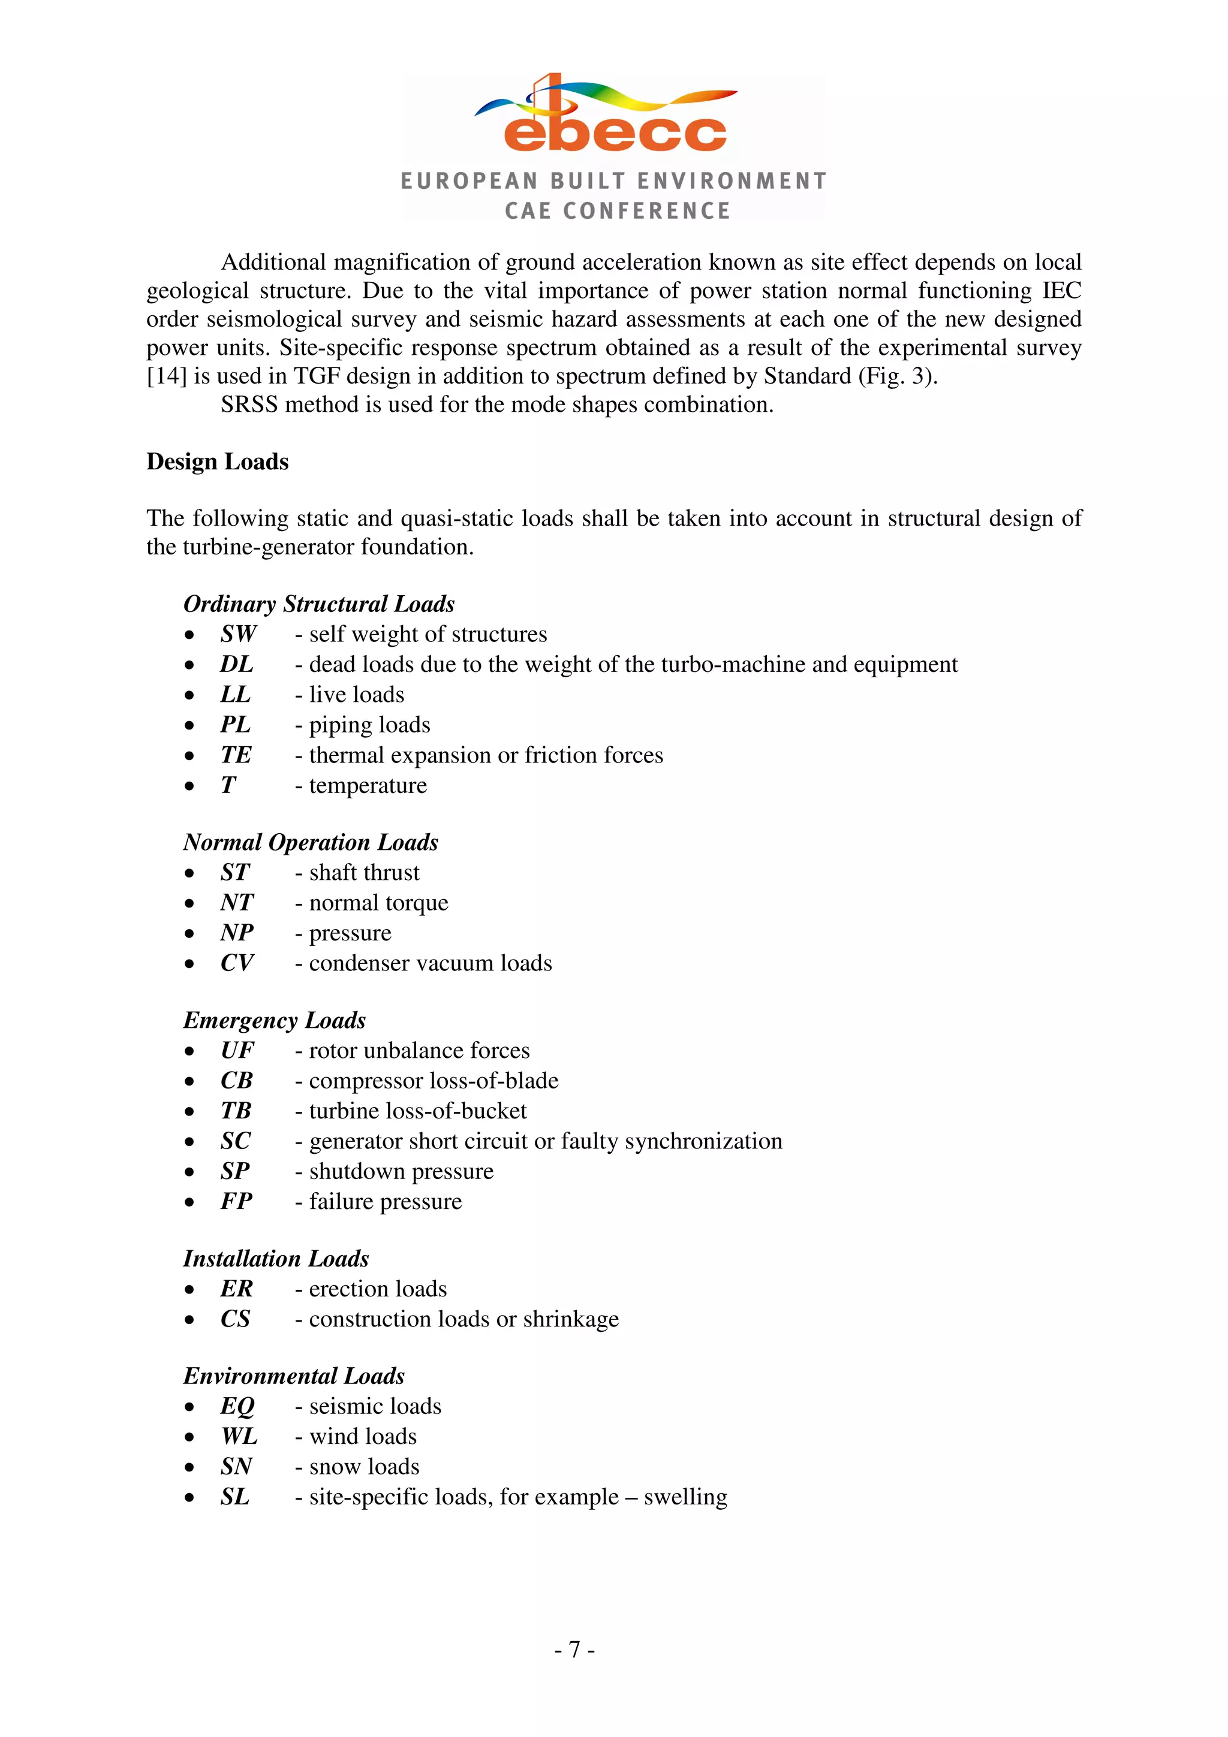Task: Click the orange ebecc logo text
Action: point(615,132)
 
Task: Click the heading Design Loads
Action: point(217,462)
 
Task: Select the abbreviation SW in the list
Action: point(238,634)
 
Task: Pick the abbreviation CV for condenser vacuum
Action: point(237,963)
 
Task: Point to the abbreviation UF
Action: point(237,1050)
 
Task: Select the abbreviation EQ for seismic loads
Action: point(237,1406)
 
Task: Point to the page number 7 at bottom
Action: point(574,1649)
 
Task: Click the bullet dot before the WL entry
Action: point(189,1437)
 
